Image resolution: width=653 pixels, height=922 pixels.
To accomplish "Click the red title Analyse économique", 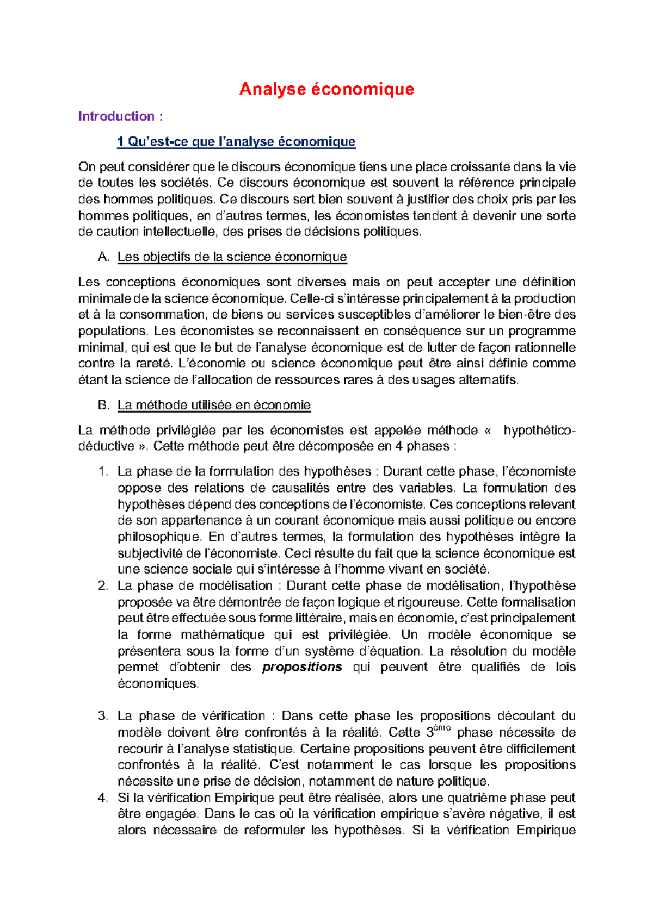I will click(x=326, y=89).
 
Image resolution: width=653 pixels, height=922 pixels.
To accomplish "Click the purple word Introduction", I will click(x=116, y=116).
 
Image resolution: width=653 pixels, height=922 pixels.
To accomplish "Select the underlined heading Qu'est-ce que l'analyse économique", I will click(x=236, y=142).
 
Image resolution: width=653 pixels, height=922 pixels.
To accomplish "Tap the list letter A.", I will click(x=103, y=257).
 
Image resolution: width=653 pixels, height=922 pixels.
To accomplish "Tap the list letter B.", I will click(x=103, y=405).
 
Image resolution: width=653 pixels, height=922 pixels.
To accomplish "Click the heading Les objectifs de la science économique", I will click(x=232, y=257).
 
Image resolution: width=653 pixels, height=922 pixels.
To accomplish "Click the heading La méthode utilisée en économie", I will click(x=214, y=405).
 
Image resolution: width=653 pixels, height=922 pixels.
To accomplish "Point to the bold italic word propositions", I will click(x=302, y=667).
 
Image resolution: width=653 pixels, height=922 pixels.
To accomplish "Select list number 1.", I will click(x=103, y=471).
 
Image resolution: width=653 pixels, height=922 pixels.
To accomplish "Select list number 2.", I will click(x=103, y=585).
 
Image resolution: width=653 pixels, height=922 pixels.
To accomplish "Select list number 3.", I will click(x=103, y=716).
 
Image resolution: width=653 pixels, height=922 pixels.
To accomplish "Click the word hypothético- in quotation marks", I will click(x=539, y=431).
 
